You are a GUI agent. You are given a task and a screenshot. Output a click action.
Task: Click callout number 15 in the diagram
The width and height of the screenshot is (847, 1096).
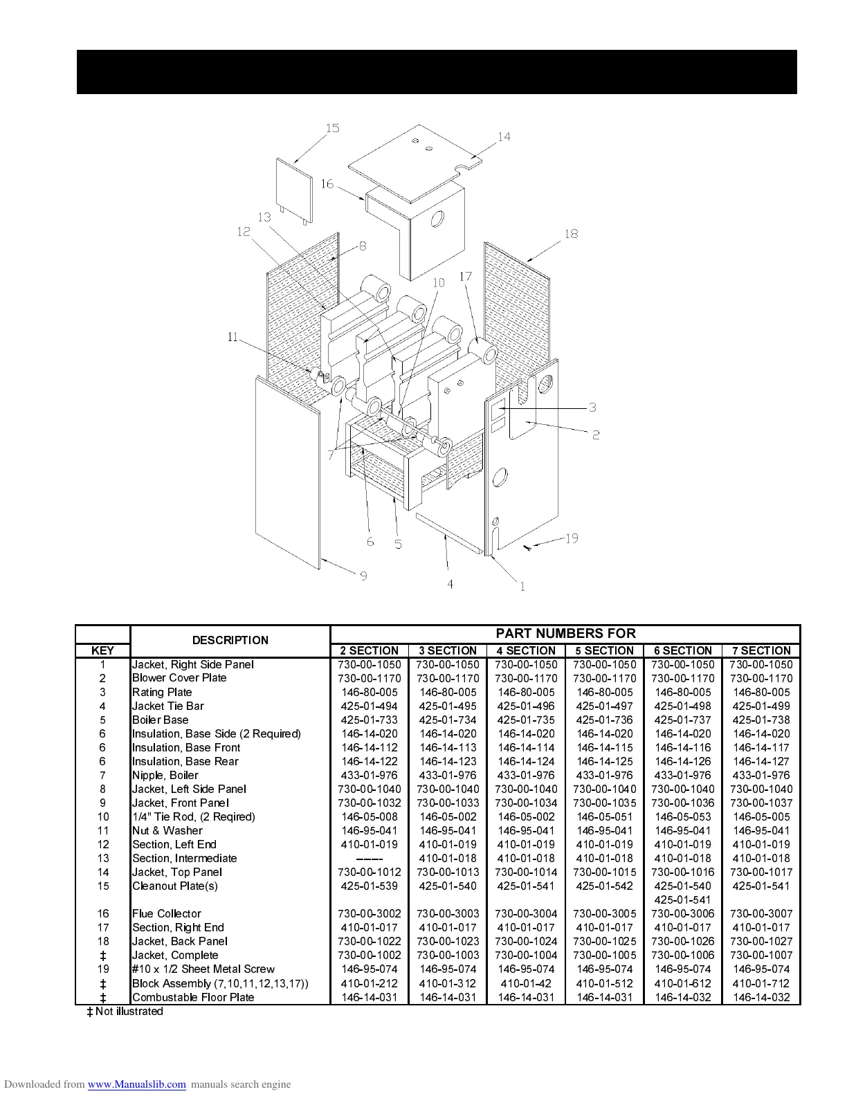click(x=333, y=128)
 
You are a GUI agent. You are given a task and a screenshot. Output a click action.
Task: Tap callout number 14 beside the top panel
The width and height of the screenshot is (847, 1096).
click(x=504, y=137)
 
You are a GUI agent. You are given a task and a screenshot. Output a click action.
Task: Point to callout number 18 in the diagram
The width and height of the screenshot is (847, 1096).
click(x=571, y=234)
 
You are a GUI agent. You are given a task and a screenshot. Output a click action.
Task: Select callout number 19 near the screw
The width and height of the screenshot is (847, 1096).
click(x=572, y=538)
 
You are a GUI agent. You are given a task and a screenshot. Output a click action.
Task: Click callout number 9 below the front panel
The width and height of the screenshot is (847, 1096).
click(x=363, y=576)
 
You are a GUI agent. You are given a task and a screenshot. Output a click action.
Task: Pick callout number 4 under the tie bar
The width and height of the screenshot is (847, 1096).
click(x=450, y=585)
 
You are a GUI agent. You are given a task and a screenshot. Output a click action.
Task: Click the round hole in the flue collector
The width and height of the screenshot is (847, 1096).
click(x=439, y=220)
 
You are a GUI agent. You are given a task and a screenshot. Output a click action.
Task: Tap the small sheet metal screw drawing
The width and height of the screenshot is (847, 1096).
click(x=528, y=548)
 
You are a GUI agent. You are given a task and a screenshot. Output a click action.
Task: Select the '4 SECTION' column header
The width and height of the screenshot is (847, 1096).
click(x=526, y=650)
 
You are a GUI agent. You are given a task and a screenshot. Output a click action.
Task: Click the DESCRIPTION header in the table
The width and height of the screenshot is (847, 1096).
click(x=230, y=640)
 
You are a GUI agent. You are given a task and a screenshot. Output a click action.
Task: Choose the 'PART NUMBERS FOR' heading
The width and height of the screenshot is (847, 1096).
click(x=565, y=633)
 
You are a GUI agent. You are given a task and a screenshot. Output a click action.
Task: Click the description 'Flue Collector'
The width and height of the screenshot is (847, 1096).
click(x=167, y=913)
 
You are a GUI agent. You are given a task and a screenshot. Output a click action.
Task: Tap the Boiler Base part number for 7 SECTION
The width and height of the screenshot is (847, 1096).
click(x=761, y=720)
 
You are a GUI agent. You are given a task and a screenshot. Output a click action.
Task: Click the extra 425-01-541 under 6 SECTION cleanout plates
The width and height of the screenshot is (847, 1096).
click(x=682, y=900)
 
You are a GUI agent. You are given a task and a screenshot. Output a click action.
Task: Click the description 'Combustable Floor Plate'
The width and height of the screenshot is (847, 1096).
click(x=193, y=997)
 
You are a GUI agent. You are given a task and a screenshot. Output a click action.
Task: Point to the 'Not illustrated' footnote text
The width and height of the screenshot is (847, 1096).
click(x=129, y=1012)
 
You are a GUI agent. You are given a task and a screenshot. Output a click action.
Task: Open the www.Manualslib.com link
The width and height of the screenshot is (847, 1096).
click(x=137, y=1084)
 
